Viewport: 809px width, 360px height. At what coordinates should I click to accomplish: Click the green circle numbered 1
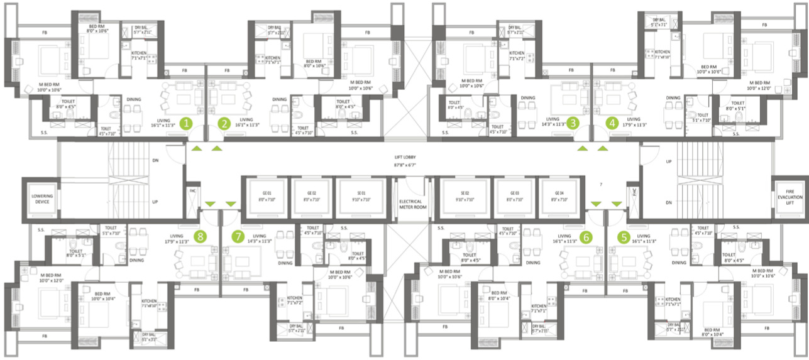[x=185, y=123]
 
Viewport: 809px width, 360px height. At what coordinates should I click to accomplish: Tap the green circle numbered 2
[x=224, y=123]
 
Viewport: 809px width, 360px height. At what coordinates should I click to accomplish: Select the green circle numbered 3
[x=573, y=123]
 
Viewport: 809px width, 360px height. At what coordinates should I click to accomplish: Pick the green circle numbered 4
[x=612, y=123]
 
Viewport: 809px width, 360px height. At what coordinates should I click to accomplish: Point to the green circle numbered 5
[x=624, y=237]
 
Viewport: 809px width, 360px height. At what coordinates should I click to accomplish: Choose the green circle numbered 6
[x=586, y=237]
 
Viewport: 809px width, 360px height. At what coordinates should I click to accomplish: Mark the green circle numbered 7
[x=238, y=237]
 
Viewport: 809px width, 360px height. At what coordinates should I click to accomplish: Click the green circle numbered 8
[x=200, y=237]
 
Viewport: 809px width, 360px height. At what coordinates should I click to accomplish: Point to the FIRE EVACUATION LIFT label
[x=790, y=195]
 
